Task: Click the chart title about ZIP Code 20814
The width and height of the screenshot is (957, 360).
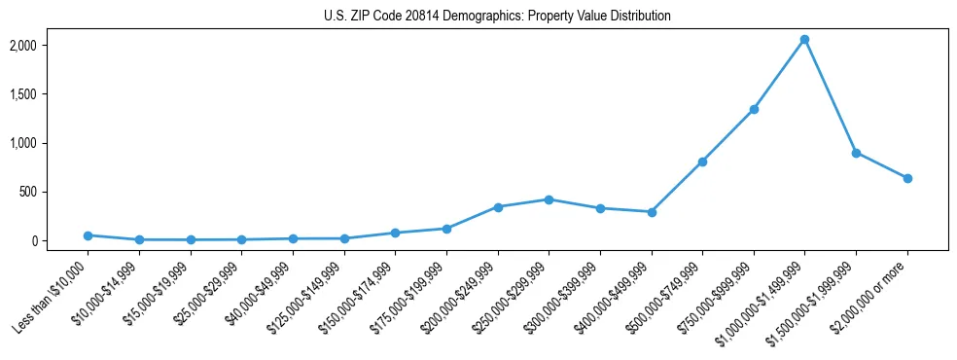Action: tap(497, 17)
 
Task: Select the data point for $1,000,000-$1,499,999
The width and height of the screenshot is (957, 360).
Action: tap(804, 40)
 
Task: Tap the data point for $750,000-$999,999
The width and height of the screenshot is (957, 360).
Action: tap(754, 109)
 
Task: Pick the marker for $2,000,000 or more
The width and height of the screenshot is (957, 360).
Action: tap(907, 178)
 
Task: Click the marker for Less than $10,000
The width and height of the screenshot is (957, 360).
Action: tap(88, 235)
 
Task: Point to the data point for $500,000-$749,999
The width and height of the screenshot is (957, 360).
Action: tap(702, 162)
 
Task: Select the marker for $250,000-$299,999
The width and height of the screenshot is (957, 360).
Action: tap(549, 199)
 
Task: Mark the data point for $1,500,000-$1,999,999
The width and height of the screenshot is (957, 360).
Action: tap(856, 153)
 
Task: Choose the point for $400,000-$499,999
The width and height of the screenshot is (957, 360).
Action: tap(652, 212)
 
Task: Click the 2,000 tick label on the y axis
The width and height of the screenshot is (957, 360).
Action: tap(50, 46)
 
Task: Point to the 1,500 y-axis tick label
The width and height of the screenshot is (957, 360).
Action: tap(50, 94)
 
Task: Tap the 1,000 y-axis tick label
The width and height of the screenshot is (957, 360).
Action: tap(50, 143)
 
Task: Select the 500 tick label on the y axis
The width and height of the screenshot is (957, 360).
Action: tap(55, 192)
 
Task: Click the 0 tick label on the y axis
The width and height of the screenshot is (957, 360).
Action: tap(60, 240)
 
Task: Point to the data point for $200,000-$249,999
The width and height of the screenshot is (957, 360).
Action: tap(498, 207)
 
